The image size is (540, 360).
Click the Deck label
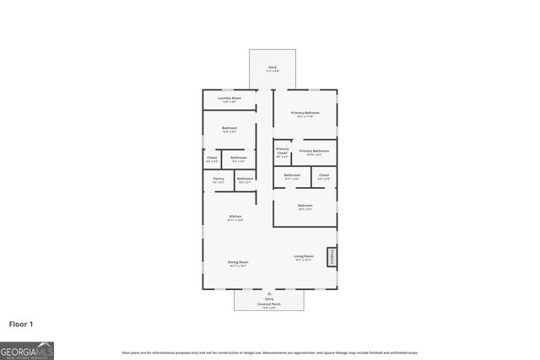coord(273,68)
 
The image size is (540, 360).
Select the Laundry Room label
coord(229,99)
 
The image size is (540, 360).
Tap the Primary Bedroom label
coord(305,114)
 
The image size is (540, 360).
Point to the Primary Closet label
coord(282,152)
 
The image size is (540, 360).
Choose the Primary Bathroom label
coord(314,152)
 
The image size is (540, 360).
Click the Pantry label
coord(218,179)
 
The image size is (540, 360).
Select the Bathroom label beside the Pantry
coord(245,179)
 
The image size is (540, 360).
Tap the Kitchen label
coord(235,218)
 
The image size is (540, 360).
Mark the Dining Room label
coord(238,263)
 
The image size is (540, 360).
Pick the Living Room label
coord(304,257)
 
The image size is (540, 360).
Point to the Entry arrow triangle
coord(270,293)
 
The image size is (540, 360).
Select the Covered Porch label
coord(270,304)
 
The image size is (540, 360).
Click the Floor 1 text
coord(22,323)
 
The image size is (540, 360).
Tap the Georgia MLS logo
coord(27,349)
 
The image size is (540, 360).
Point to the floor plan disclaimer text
coord(270,352)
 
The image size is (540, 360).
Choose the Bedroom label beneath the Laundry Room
coord(229,129)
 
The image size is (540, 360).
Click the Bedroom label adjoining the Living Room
coord(305,207)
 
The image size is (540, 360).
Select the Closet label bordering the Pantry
coord(212,158)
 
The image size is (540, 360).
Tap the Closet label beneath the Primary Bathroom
coord(323,176)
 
